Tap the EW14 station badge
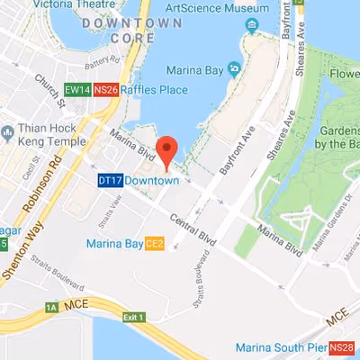tap(77, 90)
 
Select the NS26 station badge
tap(105, 90)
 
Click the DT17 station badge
tap(109, 181)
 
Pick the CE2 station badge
tap(154, 243)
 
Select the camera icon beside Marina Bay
tap(234, 67)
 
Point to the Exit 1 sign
tap(134, 317)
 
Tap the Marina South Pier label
tap(280, 347)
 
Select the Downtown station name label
tap(150, 181)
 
